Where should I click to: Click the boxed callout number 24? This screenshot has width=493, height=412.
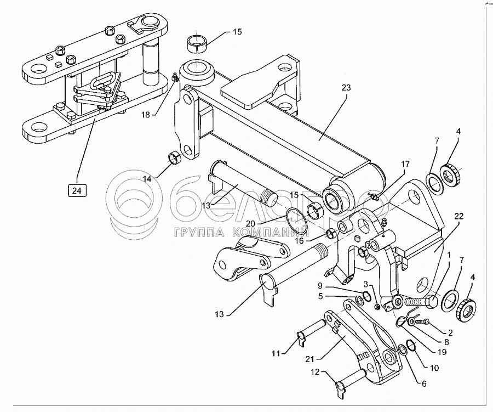pos(76,190)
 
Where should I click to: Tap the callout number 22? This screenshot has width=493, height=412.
pos(458,216)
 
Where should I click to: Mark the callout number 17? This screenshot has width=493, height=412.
pos(404,164)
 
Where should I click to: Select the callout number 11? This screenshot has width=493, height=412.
pos(278,353)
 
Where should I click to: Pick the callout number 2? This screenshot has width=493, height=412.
pos(450,332)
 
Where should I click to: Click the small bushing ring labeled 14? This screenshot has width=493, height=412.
pos(175,159)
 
